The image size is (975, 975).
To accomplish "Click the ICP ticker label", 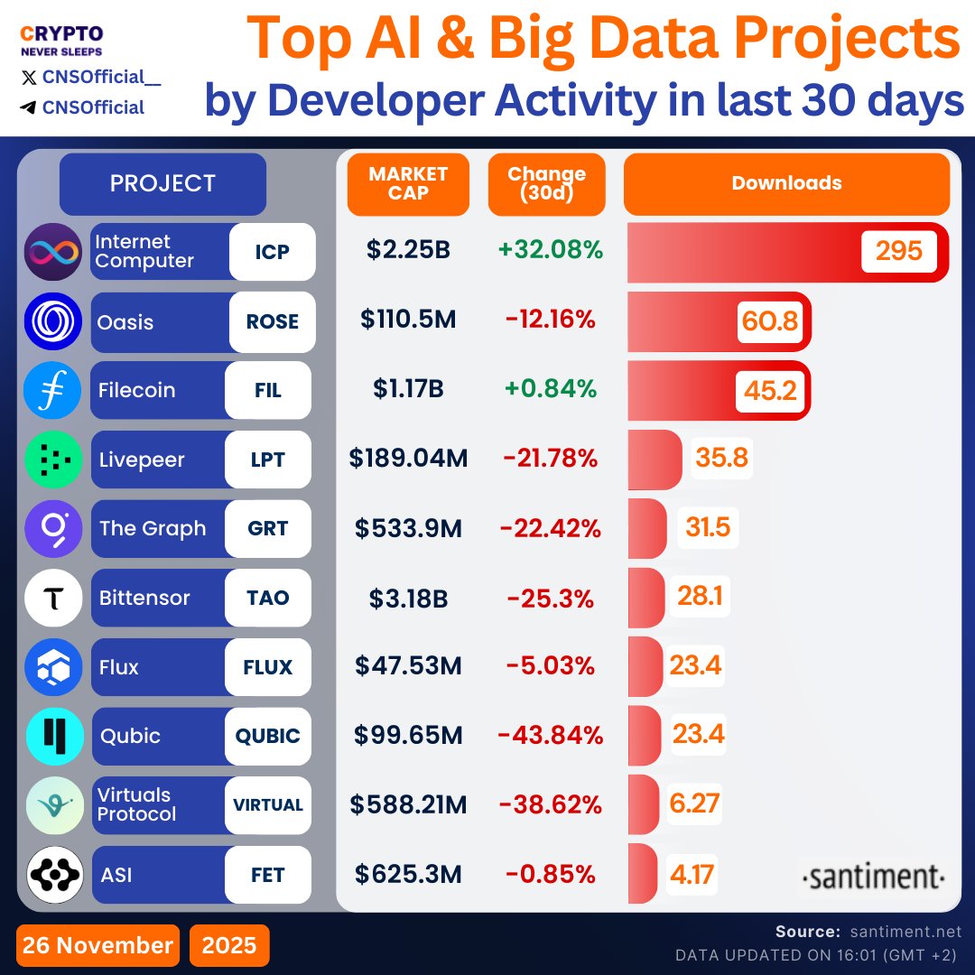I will point(272,252).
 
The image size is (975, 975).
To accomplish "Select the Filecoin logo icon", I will point(53,390).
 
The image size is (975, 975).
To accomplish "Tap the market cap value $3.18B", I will point(408,598).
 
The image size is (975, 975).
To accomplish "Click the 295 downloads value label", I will point(898,251).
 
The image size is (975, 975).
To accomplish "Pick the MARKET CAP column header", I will point(408,183).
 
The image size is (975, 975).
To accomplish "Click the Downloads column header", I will point(786,183).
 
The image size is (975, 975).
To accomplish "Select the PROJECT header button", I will point(162,183).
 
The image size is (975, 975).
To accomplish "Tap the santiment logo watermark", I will point(873,877).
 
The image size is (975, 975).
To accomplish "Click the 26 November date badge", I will point(97,945).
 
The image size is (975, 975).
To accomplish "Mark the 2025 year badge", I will point(229,945).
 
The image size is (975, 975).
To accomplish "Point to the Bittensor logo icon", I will point(53,598).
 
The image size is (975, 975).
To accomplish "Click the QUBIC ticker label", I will point(268,736).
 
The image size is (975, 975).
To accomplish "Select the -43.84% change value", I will point(550,736).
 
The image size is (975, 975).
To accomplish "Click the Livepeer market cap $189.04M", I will point(408,459).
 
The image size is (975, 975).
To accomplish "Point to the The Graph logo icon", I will point(53,528).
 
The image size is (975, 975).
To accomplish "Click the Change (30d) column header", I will point(546,183).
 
